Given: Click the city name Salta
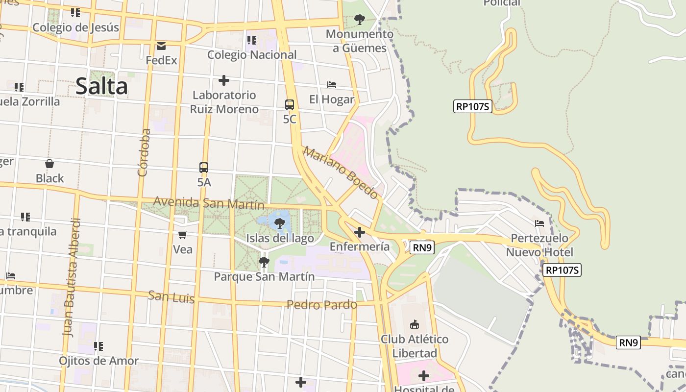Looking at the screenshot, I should click(x=102, y=86).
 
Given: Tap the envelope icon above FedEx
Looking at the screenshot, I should click(x=161, y=46).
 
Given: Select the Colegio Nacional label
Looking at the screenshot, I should click(x=252, y=55).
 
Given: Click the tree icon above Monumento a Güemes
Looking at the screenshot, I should click(x=360, y=20).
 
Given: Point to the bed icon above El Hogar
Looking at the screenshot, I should click(x=332, y=85).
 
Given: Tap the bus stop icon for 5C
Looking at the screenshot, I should click(x=290, y=105).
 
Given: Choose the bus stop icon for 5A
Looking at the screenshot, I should click(x=204, y=168).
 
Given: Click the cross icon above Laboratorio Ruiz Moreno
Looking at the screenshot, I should click(x=224, y=80).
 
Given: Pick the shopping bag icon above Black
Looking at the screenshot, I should click(x=49, y=164).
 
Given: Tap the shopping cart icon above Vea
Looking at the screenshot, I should click(x=183, y=235).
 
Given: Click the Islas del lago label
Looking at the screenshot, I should click(x=280, y=239).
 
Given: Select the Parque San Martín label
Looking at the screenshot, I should click(x=264, y=276).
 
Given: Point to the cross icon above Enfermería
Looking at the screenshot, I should click(x=360, y=232).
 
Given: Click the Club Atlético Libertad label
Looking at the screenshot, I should click(x=415, y=346).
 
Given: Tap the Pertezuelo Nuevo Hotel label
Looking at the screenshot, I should click(x=539, y=245).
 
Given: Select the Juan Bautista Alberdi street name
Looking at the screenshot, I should click(x=71, y=277).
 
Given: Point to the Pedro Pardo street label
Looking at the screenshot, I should click(x=322, y=305).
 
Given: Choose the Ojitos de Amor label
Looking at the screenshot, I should click(x=99, y=361).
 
